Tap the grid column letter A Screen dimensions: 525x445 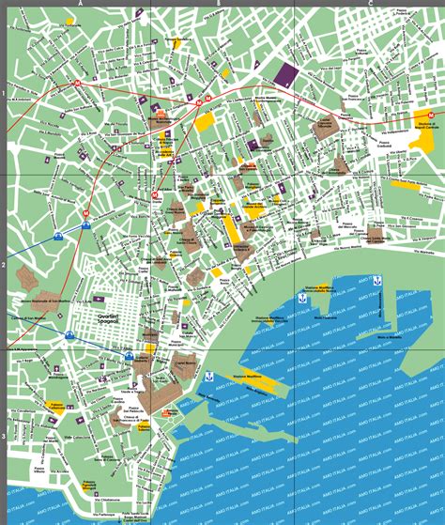82,3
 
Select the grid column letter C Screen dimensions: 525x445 371,3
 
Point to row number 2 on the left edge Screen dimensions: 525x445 4,266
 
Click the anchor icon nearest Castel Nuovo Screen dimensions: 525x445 209,378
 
